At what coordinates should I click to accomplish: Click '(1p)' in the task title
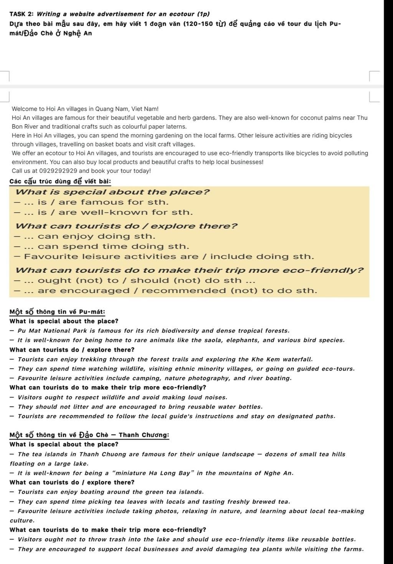click(203, 14)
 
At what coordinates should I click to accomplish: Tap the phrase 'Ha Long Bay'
click(173, 473)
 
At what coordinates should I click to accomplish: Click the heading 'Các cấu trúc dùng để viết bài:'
click(60, 181)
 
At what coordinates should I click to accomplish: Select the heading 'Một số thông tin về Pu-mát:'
click(58, 312)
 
